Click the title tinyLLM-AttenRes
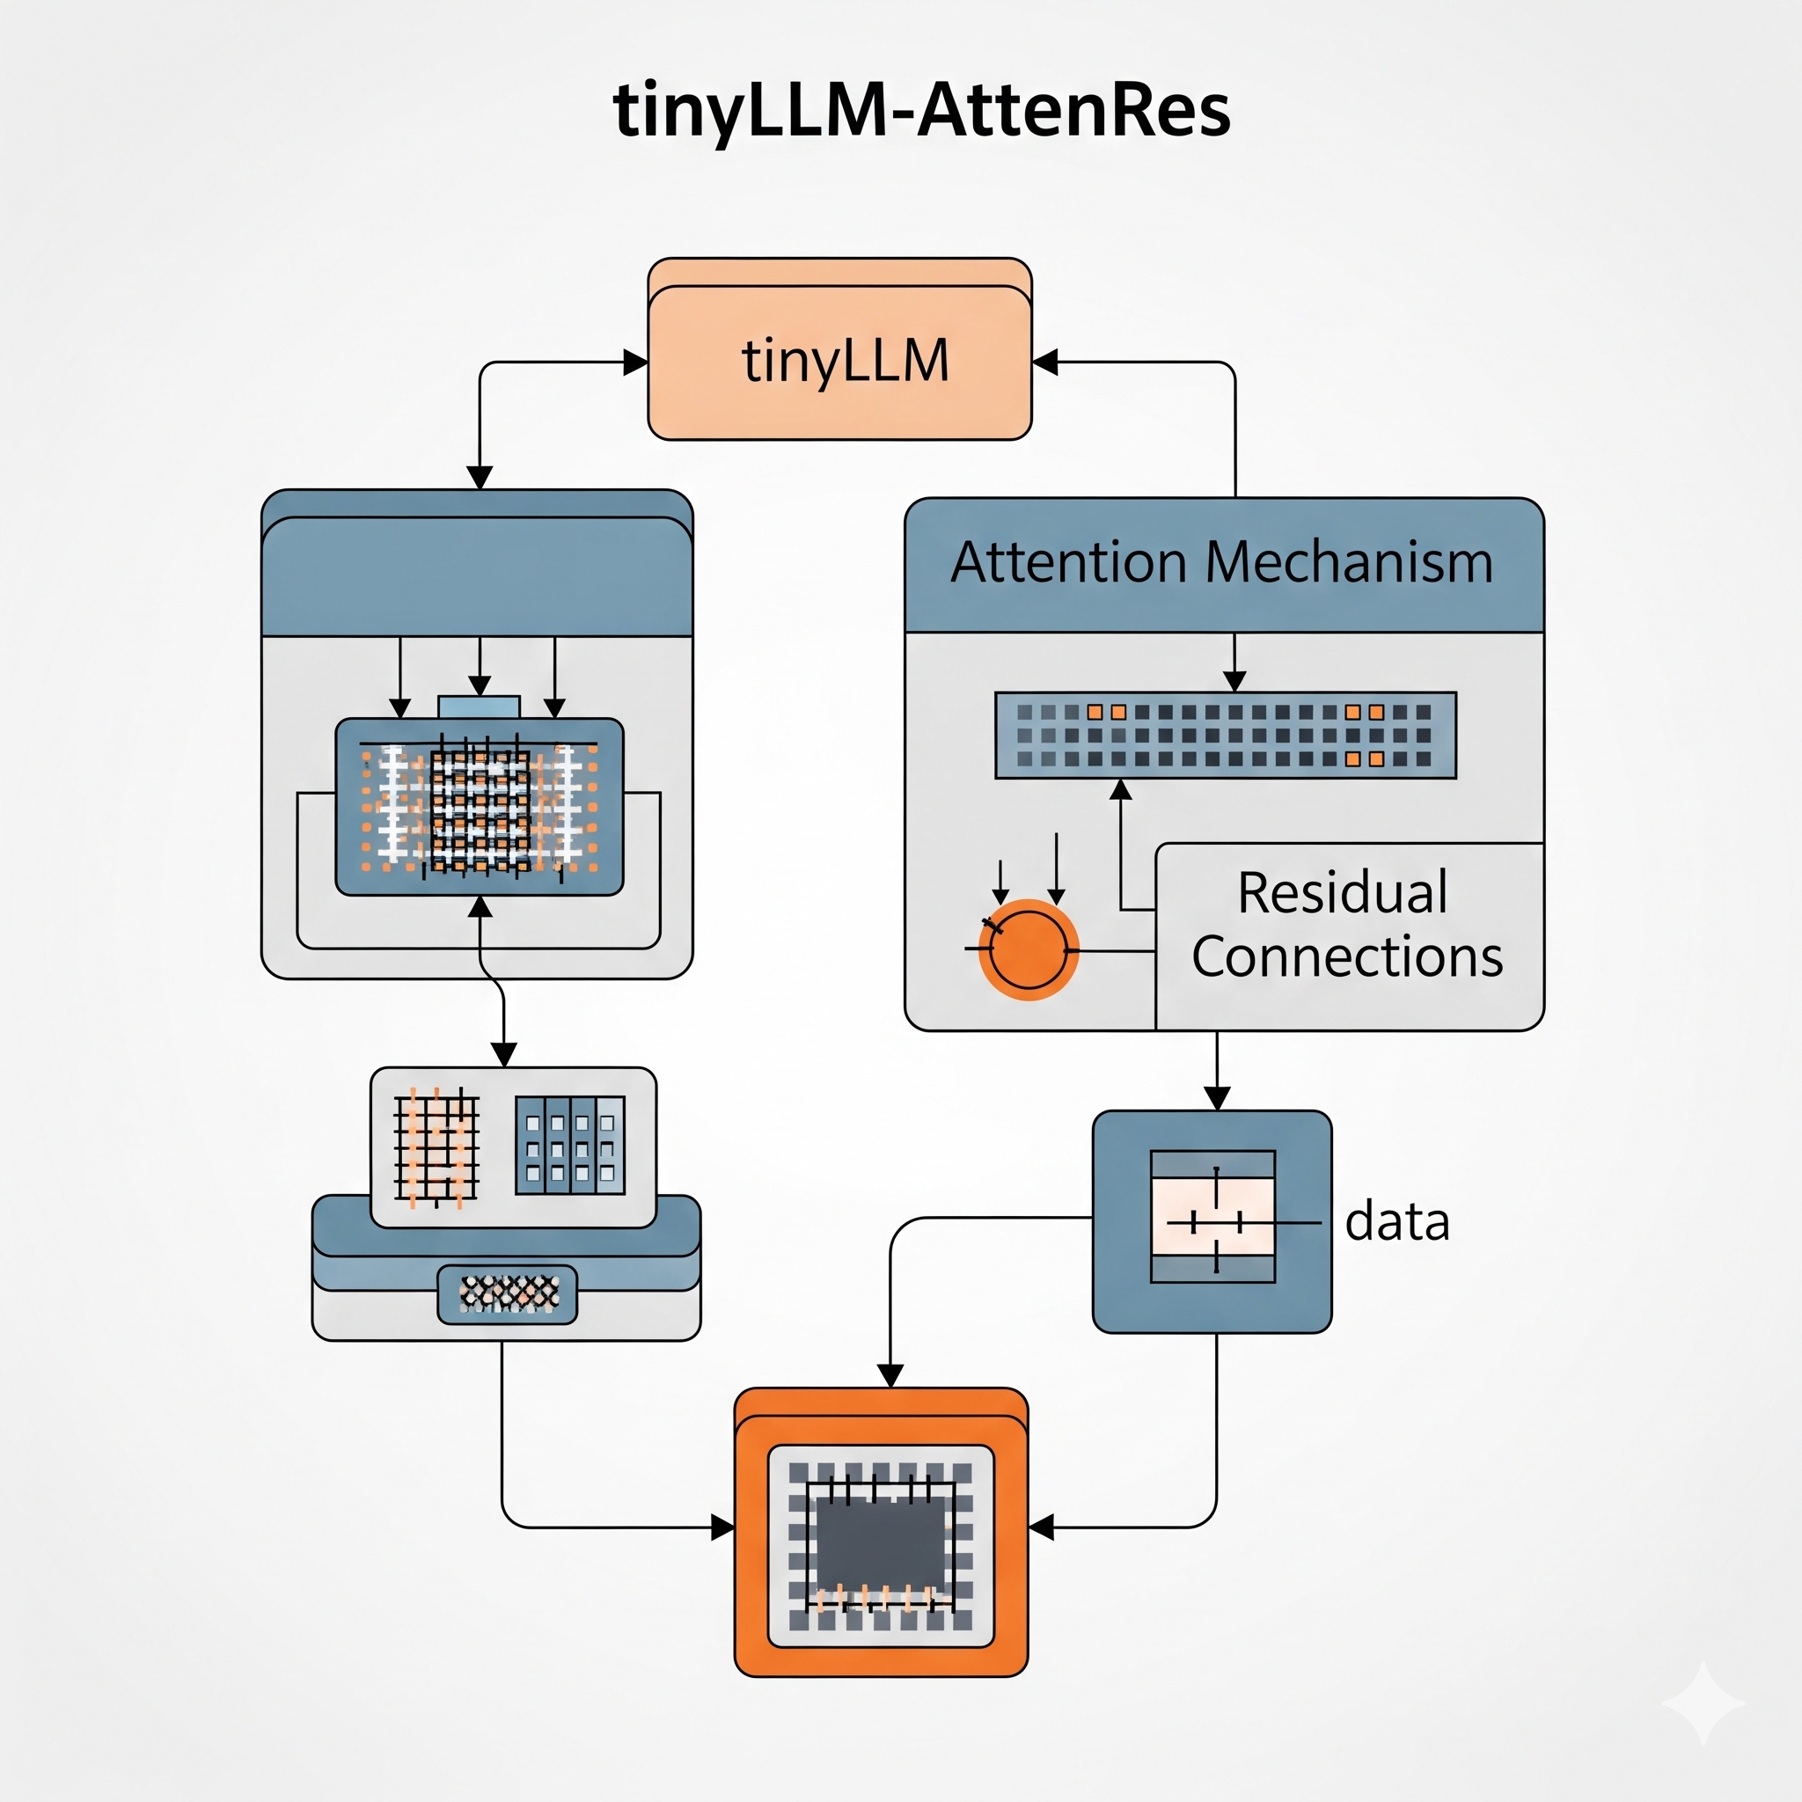click(x=921, y=111)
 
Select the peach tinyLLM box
click(x=839, y=361)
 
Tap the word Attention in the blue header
click(x=1069, y=562)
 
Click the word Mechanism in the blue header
click(x=1349, y=562)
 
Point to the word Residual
click(x=1342, y=892)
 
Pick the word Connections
click(x=1347, y=957)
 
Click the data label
click(x=1396, y=1221)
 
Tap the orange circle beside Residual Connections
click(x=1028, y=949)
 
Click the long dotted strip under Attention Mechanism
click(x=1225, y=735)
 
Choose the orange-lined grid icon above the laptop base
click(x=436, y=1146)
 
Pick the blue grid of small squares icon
click(x=570, y=1146)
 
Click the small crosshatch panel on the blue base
click(x=508, y=1293)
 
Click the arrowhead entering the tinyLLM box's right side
click(x=1044, y=362)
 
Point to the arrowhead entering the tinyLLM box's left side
click(x=636, y=362)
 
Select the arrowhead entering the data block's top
click(x=1217, y=1098)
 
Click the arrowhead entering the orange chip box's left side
click(x=723, y=1527)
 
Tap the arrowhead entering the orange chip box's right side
click(x=1041, y=1527)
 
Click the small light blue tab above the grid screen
click(x=479, y=706)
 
